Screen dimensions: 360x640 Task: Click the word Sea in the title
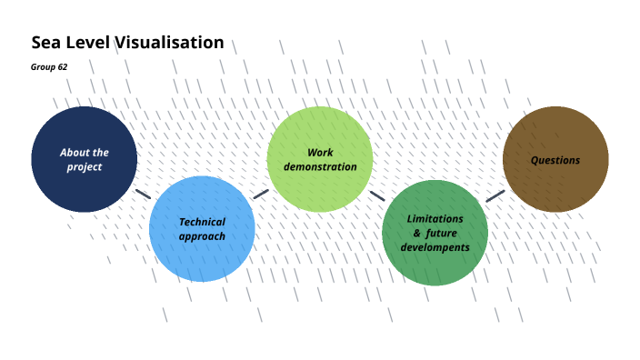pyautogui.click(x=45, y=43)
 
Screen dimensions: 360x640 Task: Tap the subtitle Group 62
pyautogui.click(x=49, y=67)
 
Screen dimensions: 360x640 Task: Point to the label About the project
pyautogui.click(x=84, y=160)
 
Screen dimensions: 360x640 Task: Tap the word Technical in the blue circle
pyautogui.click(x=202, y=221)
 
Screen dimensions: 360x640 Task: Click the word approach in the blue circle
pyautogui.click(x=202, y=236)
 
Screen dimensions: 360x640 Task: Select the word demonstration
pyautogui.click(x=320, y=167)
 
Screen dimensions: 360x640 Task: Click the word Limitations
pyautogui.click(x=435, y=219)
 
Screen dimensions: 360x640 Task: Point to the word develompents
pyautogui.click(x=435, y=247)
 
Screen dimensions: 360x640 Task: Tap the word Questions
pyautogui.click(x=555, y=160)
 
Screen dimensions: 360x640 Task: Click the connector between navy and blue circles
pyautogui.click(x=143, y=194)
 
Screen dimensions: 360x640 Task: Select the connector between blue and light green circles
pyautogui.click(x=261, y=194)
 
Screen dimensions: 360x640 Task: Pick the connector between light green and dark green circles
pyautogui.click(x=377, y=195)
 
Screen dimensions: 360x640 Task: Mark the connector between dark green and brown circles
pyautogui.click(x=495, y=195)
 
